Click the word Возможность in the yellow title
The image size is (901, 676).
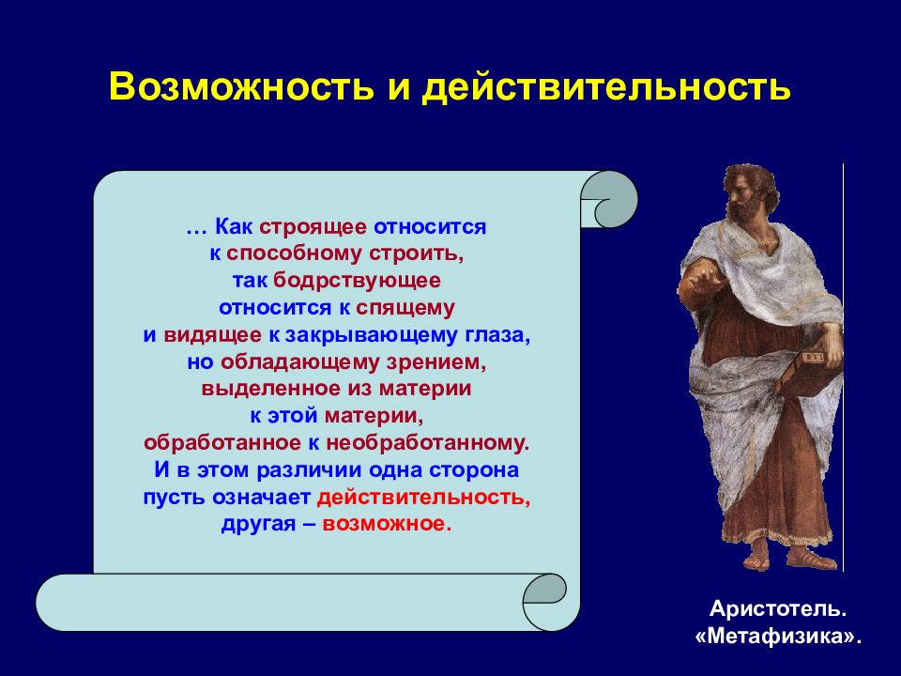point(241,87)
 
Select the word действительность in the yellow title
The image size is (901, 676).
point(606,88)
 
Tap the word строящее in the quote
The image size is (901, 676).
point(313,227)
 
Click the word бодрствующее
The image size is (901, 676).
point(357,281)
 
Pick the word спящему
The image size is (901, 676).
point(405,309)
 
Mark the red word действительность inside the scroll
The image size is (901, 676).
point(423,498)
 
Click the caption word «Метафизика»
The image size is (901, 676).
point(779,637)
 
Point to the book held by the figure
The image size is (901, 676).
point(808,370)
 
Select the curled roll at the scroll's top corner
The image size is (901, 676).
point(609,199)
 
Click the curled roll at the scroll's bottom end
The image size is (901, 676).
point(544,601)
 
